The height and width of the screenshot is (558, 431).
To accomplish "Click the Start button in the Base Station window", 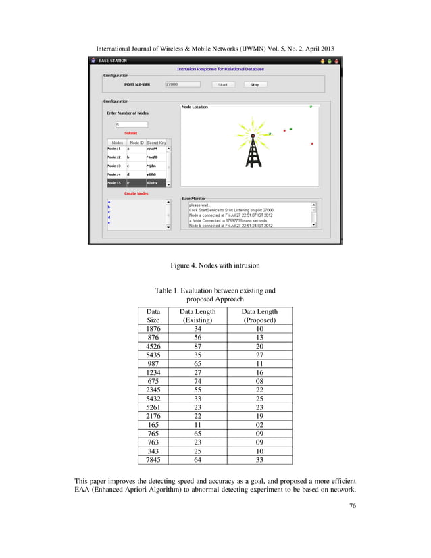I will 222,85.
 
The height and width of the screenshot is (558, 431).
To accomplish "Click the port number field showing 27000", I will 182,84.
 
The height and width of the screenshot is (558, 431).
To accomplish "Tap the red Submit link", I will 130,133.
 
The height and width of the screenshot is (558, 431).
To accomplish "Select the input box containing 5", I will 131,124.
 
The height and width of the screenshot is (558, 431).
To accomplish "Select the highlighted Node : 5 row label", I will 116,183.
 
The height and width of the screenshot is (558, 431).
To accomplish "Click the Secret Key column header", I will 156,143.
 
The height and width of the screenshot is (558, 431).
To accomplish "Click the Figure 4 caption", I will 215,265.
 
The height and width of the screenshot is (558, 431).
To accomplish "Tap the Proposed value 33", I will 259,459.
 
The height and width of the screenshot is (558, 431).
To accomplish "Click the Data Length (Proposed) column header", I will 259,315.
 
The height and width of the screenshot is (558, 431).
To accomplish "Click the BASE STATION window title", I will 113,61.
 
